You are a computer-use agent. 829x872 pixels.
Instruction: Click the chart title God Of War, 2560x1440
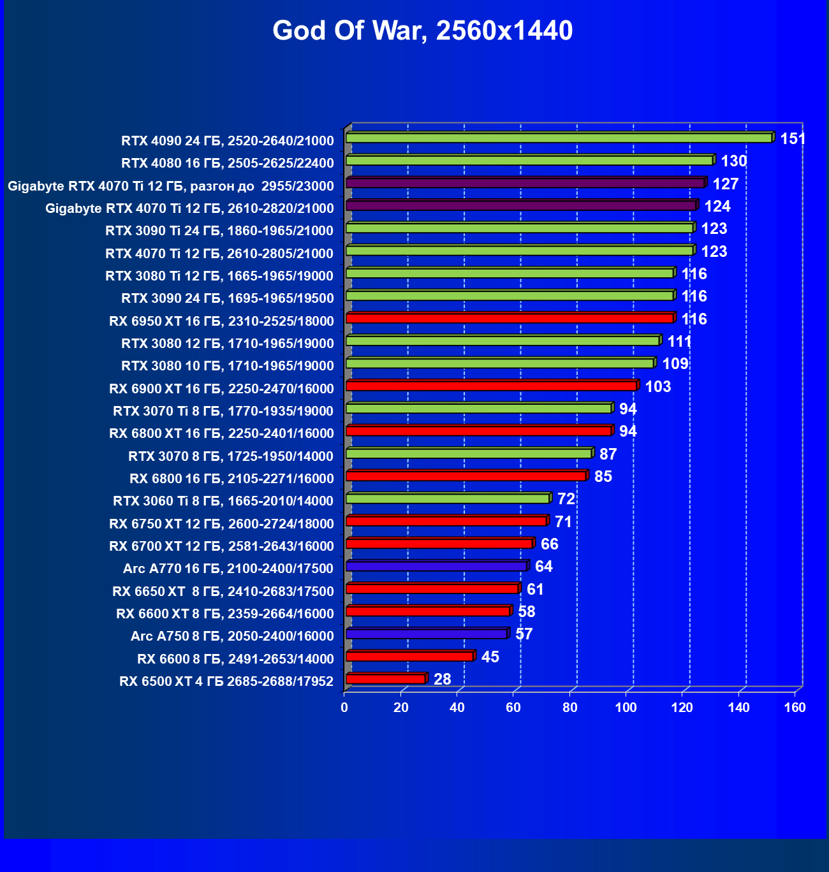[422, 31]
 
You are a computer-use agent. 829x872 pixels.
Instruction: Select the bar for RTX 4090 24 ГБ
[559, 138]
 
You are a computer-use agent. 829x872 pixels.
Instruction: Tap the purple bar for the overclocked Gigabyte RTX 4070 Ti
[525, 183]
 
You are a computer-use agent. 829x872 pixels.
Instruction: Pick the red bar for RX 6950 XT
[510, 318]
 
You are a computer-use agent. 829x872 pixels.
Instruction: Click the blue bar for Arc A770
[436, 566]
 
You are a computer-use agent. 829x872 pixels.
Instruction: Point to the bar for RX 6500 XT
[385, 679]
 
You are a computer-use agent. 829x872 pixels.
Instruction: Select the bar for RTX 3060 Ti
[448, 498]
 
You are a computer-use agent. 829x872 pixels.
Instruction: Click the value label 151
[793, 138]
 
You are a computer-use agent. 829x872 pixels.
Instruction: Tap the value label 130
[733, 161]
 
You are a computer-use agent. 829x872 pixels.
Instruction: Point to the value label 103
[657, 387]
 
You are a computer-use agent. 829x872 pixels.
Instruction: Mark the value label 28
[442, 679]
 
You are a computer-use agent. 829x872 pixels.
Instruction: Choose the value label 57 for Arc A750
[524, 634]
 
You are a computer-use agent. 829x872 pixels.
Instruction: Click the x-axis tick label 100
[626, 708]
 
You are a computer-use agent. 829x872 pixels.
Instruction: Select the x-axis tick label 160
[795, 708]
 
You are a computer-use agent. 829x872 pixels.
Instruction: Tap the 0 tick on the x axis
[344, 708]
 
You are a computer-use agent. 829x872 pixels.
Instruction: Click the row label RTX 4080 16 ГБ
[227, 163]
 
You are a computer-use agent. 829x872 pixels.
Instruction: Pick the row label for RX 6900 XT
[221, 389]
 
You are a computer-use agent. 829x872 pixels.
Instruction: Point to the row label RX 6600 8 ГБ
[235, 659]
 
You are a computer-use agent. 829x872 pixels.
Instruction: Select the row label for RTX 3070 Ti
[223, 411]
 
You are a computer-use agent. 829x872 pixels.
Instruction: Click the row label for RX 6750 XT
[221, 524]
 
